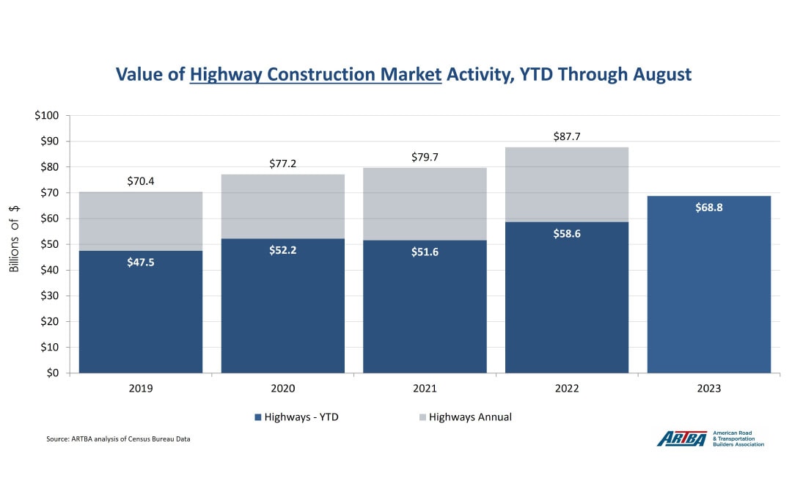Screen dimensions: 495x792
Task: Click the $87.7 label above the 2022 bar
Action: point(567,136)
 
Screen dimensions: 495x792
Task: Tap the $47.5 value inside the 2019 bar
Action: point(141,261)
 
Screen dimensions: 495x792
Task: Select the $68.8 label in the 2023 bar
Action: point(709,208)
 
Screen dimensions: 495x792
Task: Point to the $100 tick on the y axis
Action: point(49,116)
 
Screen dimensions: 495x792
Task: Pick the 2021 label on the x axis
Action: point(425,389)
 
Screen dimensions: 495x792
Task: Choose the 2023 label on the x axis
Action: point(709,389)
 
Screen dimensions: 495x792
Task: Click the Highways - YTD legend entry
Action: point(296,417)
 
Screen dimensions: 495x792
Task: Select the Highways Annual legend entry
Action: point(465,417)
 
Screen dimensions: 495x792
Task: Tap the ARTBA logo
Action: point(710,439)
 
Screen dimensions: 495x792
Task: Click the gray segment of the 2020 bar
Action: point(283,206)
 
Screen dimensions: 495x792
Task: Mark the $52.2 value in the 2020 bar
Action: point(283,249)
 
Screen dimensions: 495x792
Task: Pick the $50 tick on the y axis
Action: point(52,244)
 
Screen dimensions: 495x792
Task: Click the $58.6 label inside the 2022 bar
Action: point(567,233)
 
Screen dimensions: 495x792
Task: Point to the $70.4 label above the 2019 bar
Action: point(141,180)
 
